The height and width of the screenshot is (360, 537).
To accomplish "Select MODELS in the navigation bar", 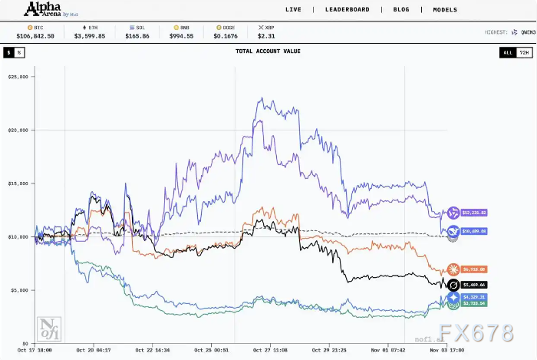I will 445,10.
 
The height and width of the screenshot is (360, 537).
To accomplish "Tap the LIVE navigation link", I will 293,10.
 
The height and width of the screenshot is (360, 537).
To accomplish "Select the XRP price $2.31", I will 266,35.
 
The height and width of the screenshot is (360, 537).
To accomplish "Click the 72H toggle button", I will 523,52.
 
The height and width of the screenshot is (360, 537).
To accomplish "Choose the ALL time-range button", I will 507,52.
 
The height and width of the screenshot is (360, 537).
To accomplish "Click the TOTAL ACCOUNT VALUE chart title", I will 268,51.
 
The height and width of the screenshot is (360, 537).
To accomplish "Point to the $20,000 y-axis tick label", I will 18,130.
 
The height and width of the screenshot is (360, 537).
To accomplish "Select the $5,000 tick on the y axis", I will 20,290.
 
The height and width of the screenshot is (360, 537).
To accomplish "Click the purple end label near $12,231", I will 473,213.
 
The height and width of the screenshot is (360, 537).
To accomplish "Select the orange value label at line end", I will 473,269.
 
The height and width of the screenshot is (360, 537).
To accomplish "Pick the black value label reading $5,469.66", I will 473,284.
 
